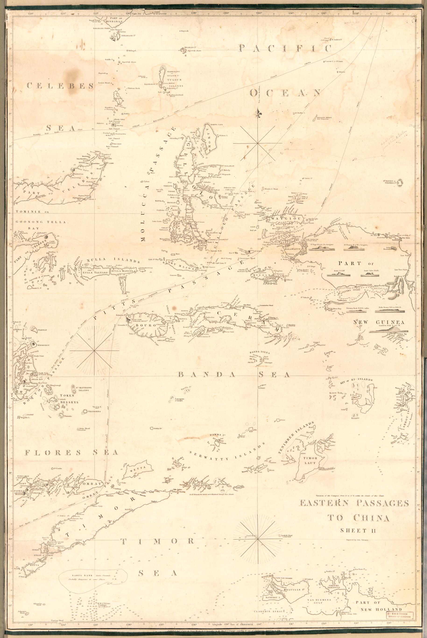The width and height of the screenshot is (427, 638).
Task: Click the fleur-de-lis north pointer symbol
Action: tap(258, 113)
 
